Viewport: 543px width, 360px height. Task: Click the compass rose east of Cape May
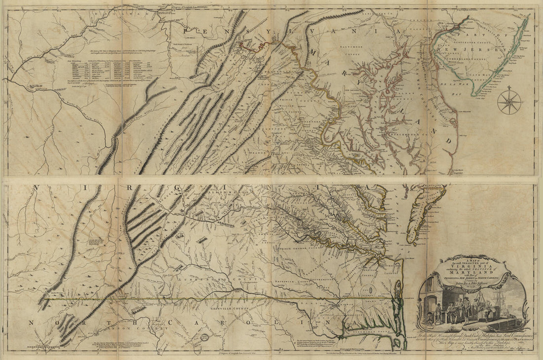coord(509,102)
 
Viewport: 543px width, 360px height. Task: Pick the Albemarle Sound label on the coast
coord(375,336)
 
